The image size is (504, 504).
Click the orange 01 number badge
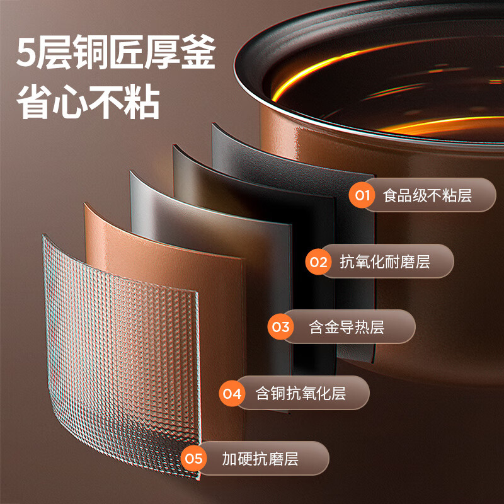tap(362, 195)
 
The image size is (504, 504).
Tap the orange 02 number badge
tap(319, 261)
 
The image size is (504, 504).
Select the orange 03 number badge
tap(280, 327)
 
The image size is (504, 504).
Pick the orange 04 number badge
tap(232, 393)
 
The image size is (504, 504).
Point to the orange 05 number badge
tap(193, 459)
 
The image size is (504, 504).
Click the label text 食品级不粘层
tap(427, 195)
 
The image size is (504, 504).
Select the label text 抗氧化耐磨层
tap(385, 261)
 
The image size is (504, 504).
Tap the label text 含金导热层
tap(346, 327)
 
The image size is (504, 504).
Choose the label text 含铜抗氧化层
tap(301, 393)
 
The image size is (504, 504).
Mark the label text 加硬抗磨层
tap(260, 459)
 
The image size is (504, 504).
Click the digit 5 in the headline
tap(26, 52)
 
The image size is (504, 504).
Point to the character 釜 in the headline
tap(198, 52)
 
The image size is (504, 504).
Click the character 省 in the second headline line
tap(34, 102)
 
